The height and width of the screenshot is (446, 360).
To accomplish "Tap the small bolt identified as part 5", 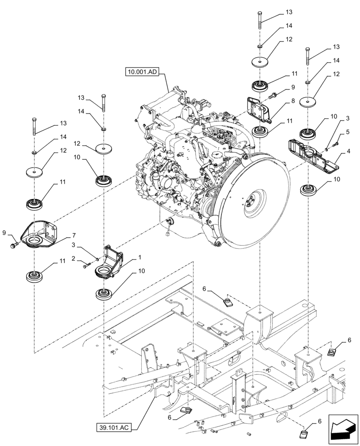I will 335,144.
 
